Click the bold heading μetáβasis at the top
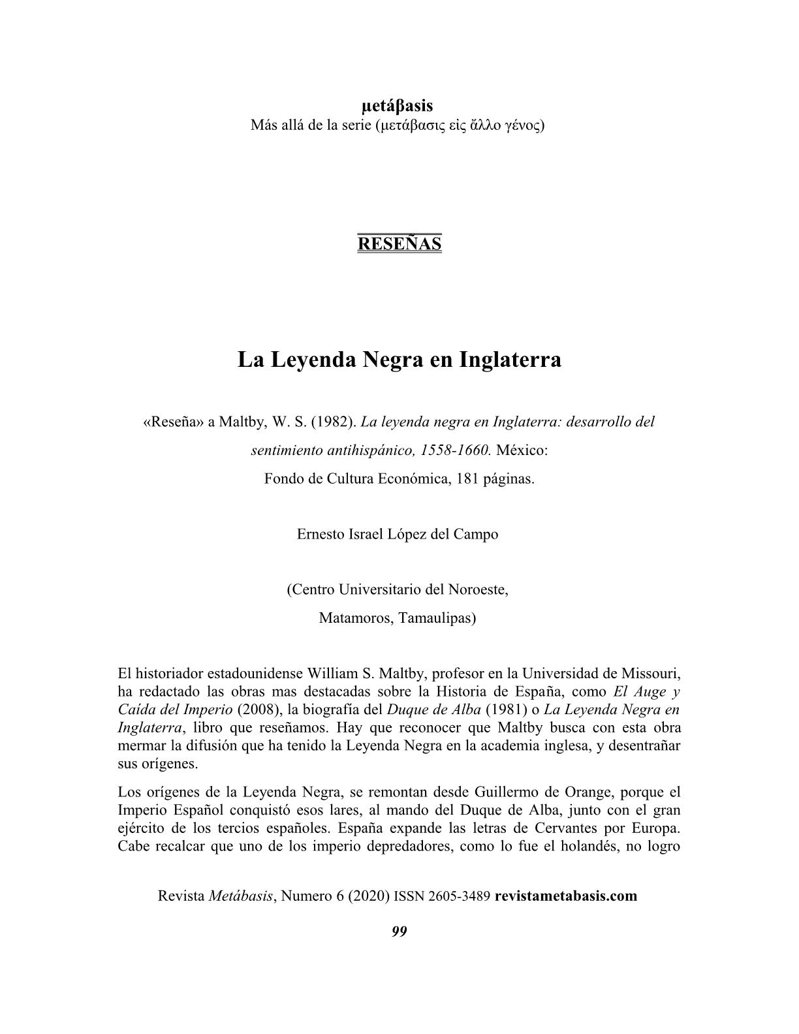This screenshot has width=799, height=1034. (x=397, y=106)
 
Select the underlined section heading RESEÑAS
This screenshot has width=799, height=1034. (x=399, y=243)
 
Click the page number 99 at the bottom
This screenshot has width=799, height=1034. (x=399, y=932)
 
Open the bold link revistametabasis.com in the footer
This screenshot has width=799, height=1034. (x=566, y=896)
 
